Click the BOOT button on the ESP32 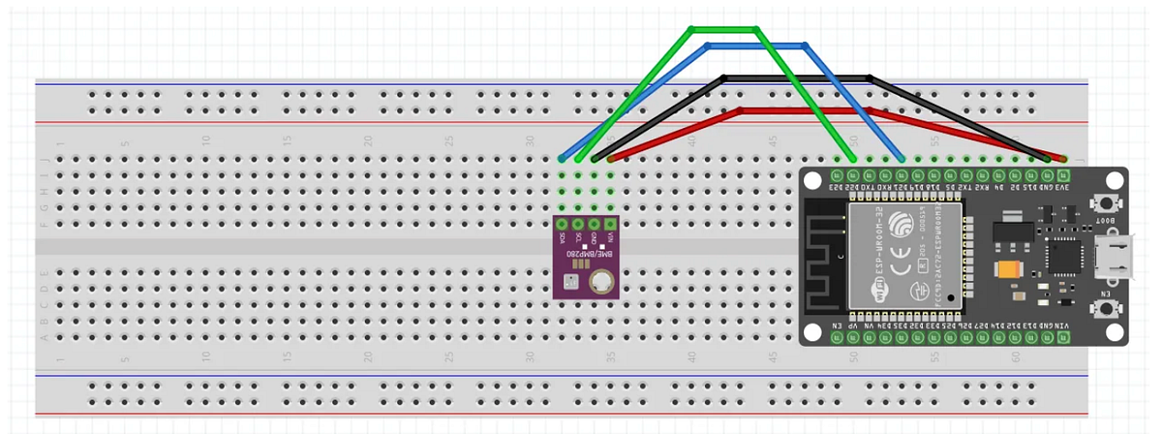pyautogui.click(x=1103, y=205)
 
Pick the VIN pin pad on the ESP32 pyautogui.click(x=1062, y=338)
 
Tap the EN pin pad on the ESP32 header pyautogui.click(x=837, y=338)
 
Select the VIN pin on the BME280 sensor pyautogui.click(x=610, y=224)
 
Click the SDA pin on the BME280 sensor pyautogui.click(x=562, y=224)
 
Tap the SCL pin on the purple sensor pyautogui.click(x=578, y=224)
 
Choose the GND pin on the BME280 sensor pyautogui.click(x=594, y=224)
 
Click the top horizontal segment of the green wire pyautogui.click(x=723, y=29)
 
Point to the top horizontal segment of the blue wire pyautogui.click(x=755, y=45)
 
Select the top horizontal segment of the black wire pyautogui.click(x=796, y=77)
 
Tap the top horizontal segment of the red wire pyautogui.click(x=804, y=110)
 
